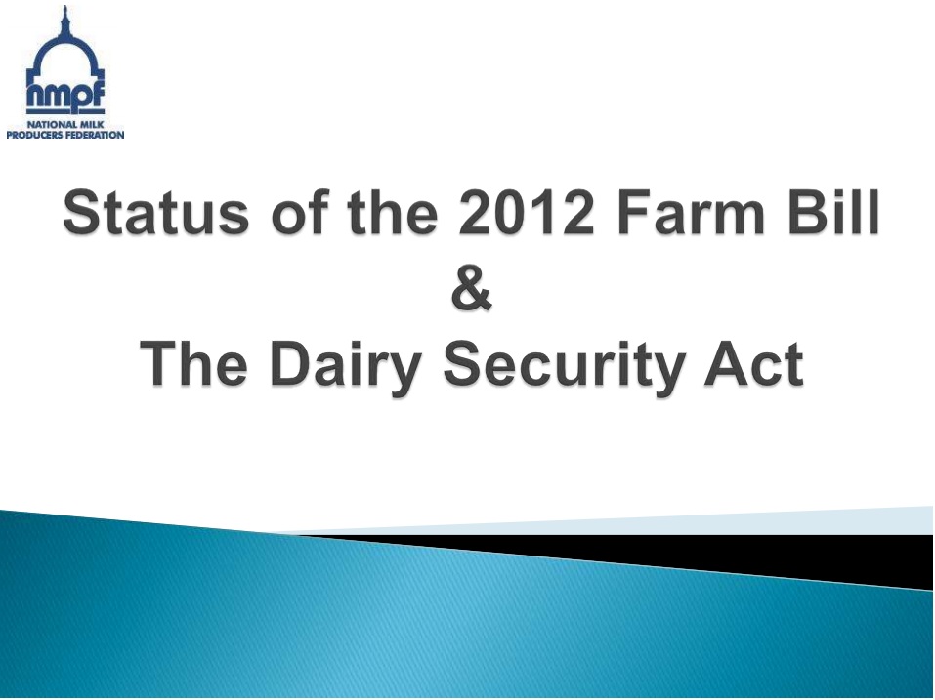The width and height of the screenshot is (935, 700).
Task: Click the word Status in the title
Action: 155,213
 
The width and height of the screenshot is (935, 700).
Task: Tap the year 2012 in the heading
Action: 527,213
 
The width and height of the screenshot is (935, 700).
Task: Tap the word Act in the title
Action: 754,363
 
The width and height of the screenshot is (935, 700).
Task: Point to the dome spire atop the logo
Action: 65,18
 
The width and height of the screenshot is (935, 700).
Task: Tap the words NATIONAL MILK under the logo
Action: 65,125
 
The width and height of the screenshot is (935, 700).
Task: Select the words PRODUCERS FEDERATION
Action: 65,135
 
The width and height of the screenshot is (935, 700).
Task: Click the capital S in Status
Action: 80,213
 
